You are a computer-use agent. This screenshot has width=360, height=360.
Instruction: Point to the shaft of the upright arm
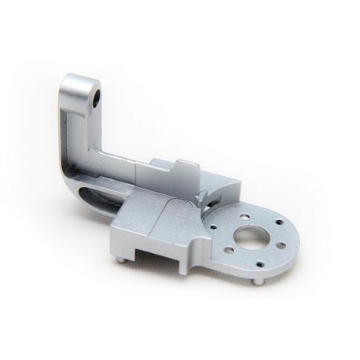click(78, 134)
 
